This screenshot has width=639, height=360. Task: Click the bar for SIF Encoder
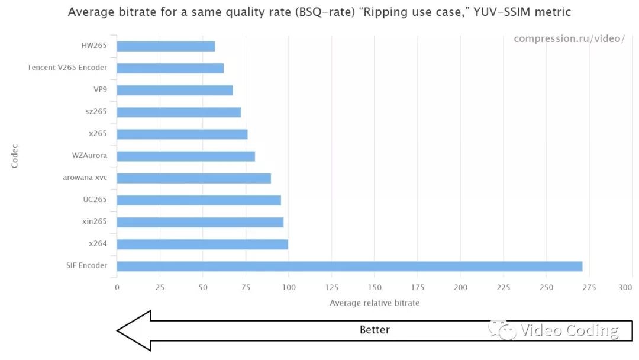pyautogui.click(x=349, y=266)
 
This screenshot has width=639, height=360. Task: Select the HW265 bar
pyautogui.click(x=166, y=46)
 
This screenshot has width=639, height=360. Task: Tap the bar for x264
pyautogui.click(x=202, y=244)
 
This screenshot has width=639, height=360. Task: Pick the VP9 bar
pyautogui.click(x=175, y=90)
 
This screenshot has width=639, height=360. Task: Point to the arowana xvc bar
pyautogui.click(x=193, y=178)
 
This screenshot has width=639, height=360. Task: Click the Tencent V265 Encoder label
pyautogui.click(x=67, y=67)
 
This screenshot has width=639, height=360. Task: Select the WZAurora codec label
pyautogui.click(x=89, y=156)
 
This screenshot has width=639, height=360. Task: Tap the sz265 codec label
pyautogui.click(x=96, y=111)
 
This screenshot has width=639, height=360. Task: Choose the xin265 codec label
pyautogui.click(x=95, y=221)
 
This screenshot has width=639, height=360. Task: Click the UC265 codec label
pyautogui.click(x=95, y=200)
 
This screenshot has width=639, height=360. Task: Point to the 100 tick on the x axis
pyautogui.click(x=289, y=288)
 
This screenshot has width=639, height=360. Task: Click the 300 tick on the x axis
pyautogui.click(x=625, y=288)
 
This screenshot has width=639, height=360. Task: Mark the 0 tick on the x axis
pyautogui.click(x=117, y=288)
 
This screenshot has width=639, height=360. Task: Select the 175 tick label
pyautogui.click(x=417, y=288)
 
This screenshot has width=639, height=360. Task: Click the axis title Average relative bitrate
pyautogui.click(x=374, y=303)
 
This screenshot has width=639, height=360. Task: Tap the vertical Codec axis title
pyautogui.click(x=15, y=156)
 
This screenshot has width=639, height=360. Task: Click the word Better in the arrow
pyautogui.click(x=375, y=330)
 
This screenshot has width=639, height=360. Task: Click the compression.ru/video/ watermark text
pyautogui.click(x=569, y=38)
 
